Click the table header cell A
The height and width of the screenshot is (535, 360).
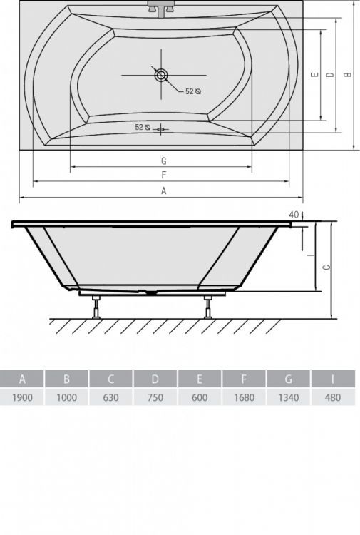(22, 379)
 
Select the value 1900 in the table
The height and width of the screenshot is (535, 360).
(22, 398)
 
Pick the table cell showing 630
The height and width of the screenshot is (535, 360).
(111, 398)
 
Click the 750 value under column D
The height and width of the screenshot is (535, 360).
(155, 398)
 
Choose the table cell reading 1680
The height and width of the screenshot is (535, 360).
(244, 398)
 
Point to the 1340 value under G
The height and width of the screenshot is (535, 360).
(289, 398)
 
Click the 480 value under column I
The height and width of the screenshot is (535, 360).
(332, 398)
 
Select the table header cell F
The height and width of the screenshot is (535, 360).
(244, 379)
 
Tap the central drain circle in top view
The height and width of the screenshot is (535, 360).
(161, 74)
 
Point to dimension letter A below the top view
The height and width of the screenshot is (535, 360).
(163, 190)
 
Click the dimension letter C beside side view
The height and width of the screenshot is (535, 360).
(325, 267)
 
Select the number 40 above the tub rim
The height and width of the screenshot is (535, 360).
(294, 214)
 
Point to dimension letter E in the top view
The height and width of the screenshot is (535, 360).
(314, 74)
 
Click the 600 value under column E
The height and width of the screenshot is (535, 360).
(200, 398)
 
